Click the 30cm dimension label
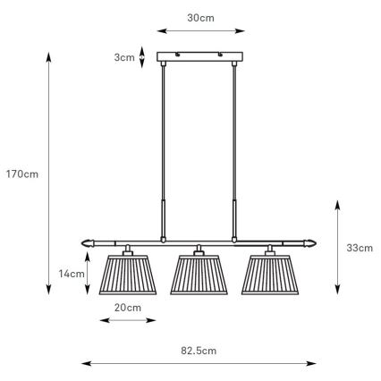tap(199, 18)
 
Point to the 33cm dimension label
tap(360, 248)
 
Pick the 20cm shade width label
tap(128, 307)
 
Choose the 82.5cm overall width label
tap(199, 350)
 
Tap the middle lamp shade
tap(198, 274)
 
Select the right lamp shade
tap(267, 274)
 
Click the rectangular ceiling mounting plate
tap(199, 58)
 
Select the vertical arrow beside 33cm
tap(336, 248)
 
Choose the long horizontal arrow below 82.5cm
tap(199, 364)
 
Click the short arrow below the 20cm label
tap(128, 320)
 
